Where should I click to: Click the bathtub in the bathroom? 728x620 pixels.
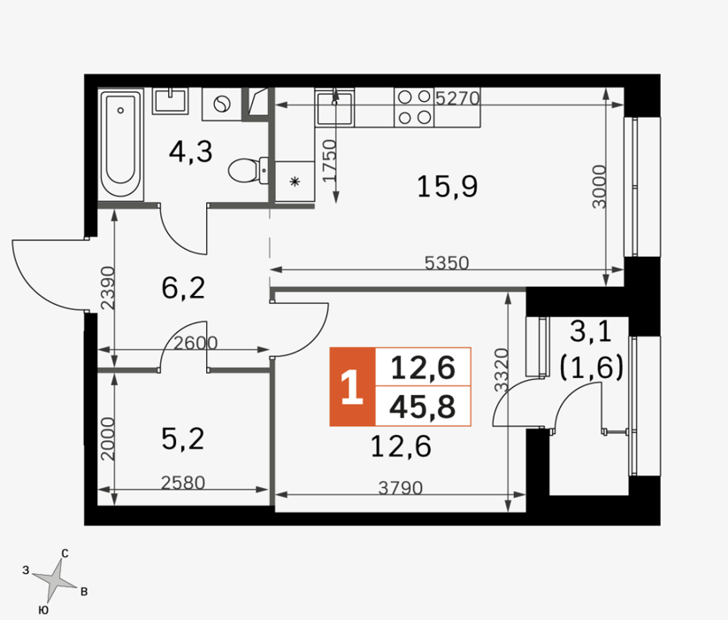(120, 144)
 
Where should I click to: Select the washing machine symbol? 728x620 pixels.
(222, 104)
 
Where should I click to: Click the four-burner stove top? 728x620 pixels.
(414, 107)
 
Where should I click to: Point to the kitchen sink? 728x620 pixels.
(334, 107)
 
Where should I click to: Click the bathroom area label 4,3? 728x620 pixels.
(190, 151)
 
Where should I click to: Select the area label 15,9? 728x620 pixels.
(447, 186)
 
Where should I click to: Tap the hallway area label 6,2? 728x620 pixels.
(183, 288)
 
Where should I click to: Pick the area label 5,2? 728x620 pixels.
(183, 438)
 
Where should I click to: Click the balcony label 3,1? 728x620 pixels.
(591, 332)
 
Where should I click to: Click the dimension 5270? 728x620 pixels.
(457, 98)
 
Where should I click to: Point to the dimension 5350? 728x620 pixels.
(447, 263)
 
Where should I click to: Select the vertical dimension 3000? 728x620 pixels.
(600, 186)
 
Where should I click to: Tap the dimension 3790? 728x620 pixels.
(400, 488)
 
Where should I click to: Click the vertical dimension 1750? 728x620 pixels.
(329, 161)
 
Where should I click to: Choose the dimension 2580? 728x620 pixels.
(183, 483)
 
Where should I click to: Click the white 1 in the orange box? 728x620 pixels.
(351, 387)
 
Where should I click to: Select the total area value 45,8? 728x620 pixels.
(423, 407)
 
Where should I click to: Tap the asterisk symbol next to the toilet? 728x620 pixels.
(295, 182)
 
